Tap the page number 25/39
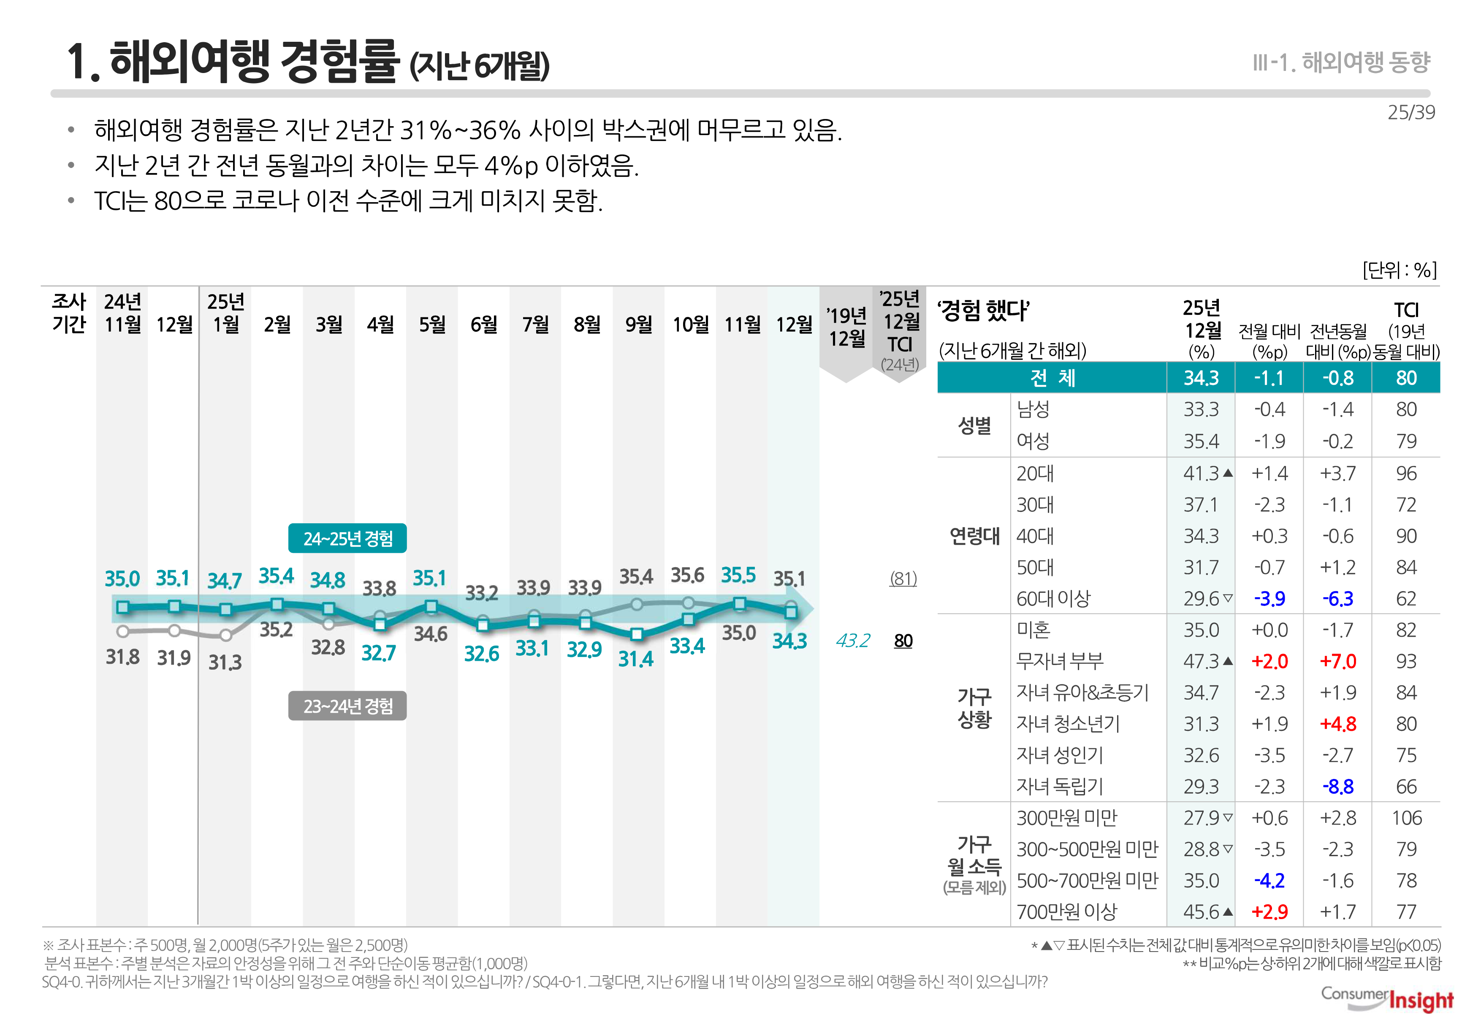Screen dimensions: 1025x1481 [1410, 112]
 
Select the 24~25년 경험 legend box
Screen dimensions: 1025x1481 [347, 538]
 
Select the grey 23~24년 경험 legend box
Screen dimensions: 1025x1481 [347, 706]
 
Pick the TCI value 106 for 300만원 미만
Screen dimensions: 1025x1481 [1406, 817]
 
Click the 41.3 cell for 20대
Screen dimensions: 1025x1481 [1200, 473]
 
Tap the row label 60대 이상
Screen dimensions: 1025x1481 [1052, 598]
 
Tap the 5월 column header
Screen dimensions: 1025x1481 [432, 325]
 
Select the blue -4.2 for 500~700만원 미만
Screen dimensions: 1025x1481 [1269, 881]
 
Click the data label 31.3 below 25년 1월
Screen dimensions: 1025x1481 [225, 662]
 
